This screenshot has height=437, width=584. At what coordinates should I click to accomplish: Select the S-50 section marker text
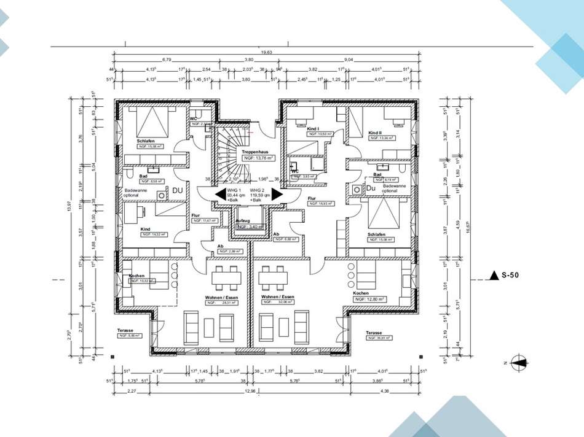(510, 276)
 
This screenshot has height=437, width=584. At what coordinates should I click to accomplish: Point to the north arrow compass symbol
(518, 363)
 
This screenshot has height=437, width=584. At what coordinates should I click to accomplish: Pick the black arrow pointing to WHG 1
(219, 195)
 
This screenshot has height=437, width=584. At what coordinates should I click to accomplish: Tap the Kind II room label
(376, 133)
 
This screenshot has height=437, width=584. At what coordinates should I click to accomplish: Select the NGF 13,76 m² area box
(256, 158)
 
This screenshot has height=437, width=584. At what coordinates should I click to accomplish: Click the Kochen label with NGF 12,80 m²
(361, 293)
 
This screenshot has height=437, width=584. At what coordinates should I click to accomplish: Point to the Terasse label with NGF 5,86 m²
(125, 330)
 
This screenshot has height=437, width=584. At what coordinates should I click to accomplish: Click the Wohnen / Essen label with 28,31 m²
(221, 296)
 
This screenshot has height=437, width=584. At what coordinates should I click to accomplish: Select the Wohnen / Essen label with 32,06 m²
(278, 296)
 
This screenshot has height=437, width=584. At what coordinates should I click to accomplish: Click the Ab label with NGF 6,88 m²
(277, 234)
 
